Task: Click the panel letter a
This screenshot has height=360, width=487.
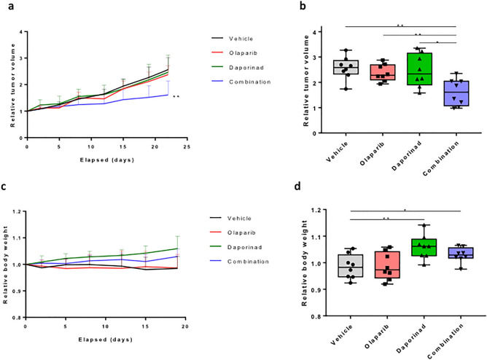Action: pyautogui.click(x=6, y=6)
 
